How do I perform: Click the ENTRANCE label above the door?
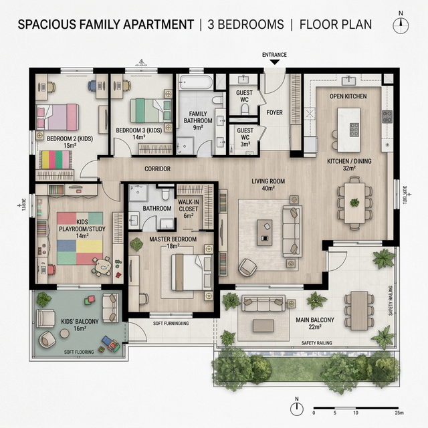tap(274, 55)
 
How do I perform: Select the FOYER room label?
tap(274, 112)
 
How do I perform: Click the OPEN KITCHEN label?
tap(348, 97)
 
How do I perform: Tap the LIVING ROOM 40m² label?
tap(268, 185)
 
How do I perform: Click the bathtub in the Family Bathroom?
tap(195, 83)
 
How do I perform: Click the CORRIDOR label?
tap(158, 169)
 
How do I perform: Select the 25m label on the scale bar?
tap(399, 413)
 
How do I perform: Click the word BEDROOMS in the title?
tap(247, 25)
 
